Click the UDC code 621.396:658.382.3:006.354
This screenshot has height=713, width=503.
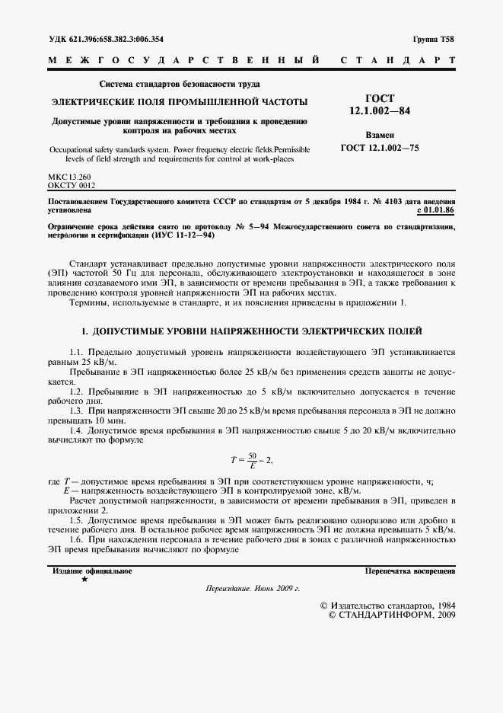click(106, 39)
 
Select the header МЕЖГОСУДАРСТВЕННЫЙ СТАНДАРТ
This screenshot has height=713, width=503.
click(251, 59)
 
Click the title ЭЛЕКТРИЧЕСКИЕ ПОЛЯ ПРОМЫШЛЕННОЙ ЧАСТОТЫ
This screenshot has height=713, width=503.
click(180, 101)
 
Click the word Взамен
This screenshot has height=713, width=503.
click(380, 135)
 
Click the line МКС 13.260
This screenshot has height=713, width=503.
click(69, 177)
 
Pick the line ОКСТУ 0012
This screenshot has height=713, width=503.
click(72, 185)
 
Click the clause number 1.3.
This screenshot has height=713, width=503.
click(76, 411)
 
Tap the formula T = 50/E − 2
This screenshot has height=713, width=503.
click(250, 459)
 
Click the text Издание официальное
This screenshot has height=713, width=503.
click(92, 570)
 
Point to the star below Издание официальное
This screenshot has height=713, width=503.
click(84, 580)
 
